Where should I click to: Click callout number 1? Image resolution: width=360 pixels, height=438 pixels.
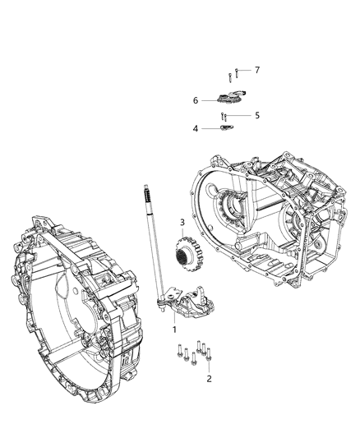coord(174,328)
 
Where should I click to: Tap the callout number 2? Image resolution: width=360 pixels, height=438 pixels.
coord(209,379)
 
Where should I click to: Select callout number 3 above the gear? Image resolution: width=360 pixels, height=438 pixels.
coord(182,222)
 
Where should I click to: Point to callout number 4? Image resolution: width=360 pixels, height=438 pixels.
coord(196,128)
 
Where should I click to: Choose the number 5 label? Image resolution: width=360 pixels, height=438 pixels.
coord(256,116)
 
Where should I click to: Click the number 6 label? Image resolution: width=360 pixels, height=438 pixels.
coord(196,100)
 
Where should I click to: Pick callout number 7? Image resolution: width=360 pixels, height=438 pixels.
coord(256,70)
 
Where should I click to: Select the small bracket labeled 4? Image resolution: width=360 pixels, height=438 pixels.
coord(228,128)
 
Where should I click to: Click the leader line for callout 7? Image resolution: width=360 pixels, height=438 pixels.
coord(245,71)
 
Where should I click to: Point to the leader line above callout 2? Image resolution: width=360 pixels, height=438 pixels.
coord(208,367)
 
